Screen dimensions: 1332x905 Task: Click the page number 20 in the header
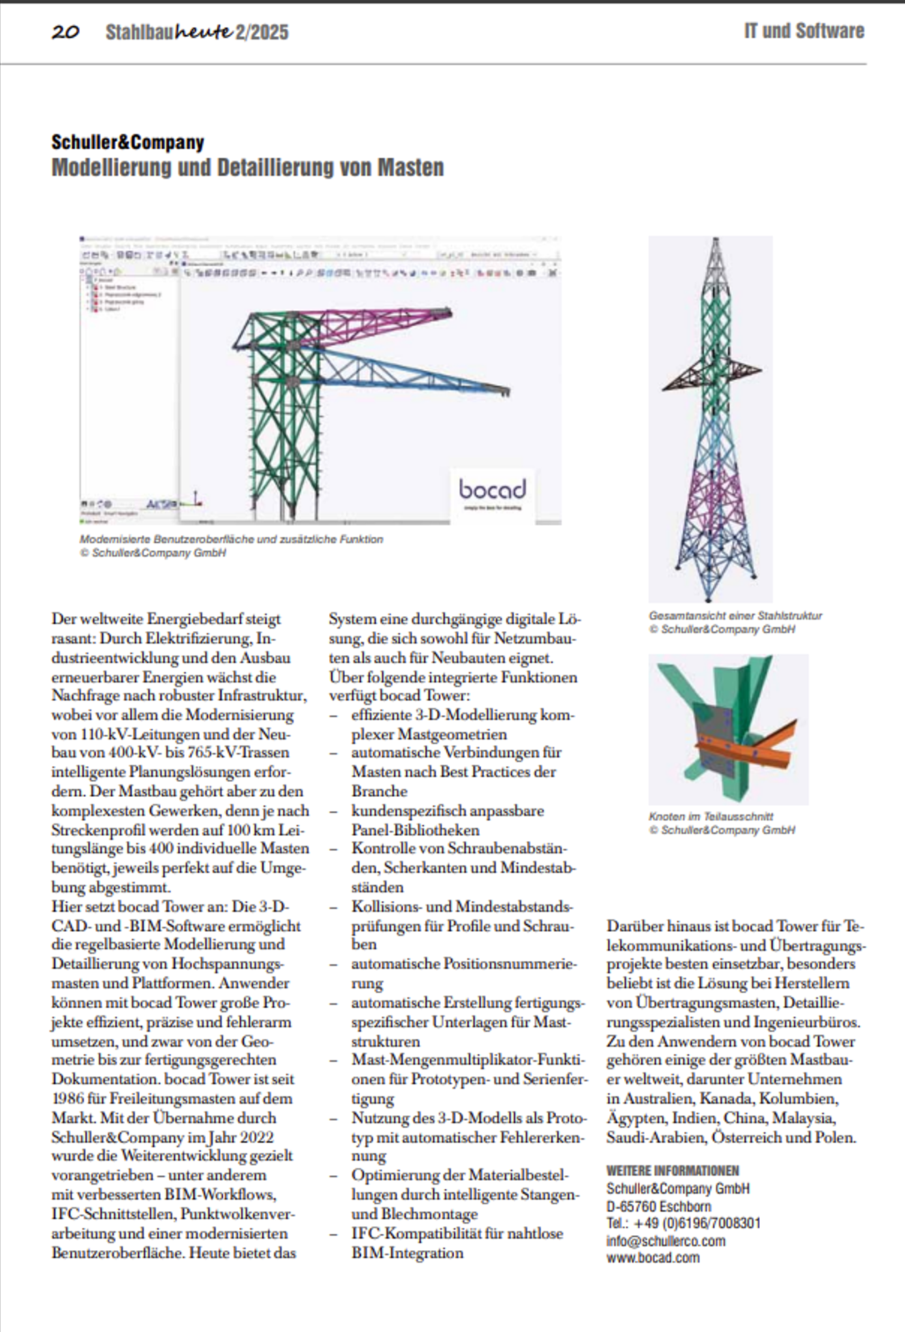pos(65,32)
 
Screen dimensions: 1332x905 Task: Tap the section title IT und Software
pos(803,31)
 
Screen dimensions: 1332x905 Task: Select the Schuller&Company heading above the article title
pos(127,142)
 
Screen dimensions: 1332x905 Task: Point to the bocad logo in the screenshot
pos(492,489)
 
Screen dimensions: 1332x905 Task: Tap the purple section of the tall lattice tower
pos(711,491)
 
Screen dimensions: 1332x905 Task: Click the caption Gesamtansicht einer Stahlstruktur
pos(735,616)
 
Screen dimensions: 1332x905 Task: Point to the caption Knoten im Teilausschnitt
pos(711,816)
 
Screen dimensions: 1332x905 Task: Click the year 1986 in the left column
pos(69,1099)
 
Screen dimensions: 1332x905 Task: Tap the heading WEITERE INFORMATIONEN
pos(673,1170)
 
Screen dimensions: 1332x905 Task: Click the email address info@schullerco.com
pos(666,1241)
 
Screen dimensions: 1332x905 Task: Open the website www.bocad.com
pos(653,1258)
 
